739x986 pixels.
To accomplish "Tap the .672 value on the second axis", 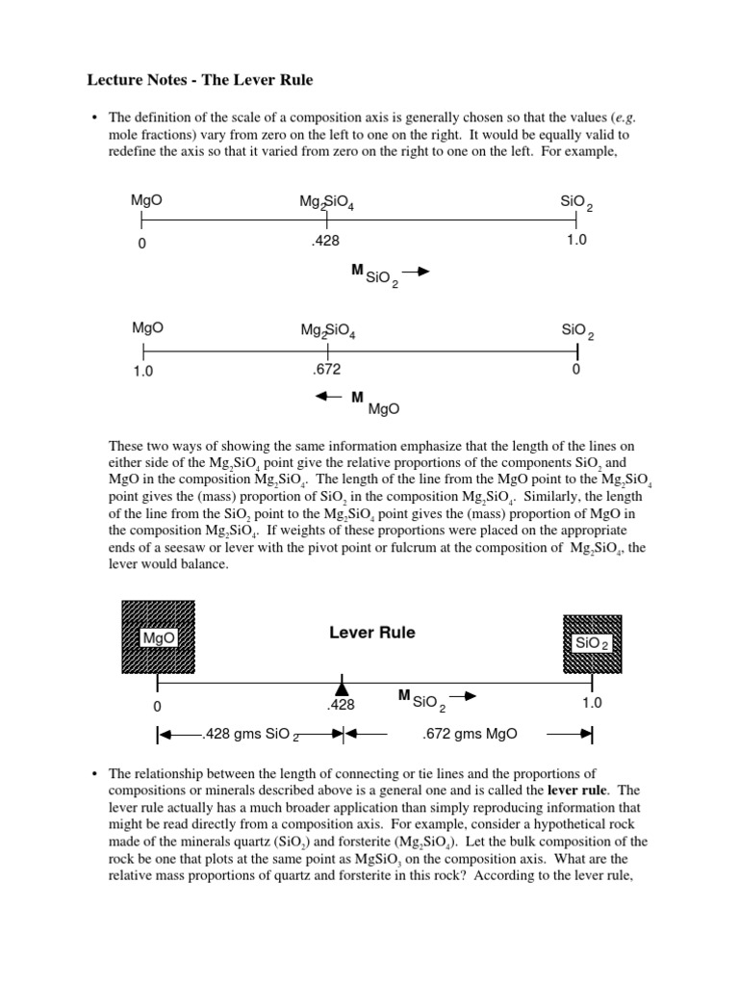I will pos(327,369).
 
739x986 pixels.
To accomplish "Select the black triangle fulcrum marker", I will pos(341,687).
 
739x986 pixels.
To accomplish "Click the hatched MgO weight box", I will pos(157,636).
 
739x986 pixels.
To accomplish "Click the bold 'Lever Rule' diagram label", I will pos(372,633).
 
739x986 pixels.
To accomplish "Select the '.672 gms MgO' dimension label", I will pos(470,734).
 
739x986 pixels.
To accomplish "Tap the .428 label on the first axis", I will pos(326,242).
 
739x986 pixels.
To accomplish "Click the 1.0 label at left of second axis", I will pos(143,370).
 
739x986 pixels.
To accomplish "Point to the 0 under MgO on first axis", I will pos(142,244).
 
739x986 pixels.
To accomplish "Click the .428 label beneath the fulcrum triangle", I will pos(341,705).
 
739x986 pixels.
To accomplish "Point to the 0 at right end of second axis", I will pos(575,369).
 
